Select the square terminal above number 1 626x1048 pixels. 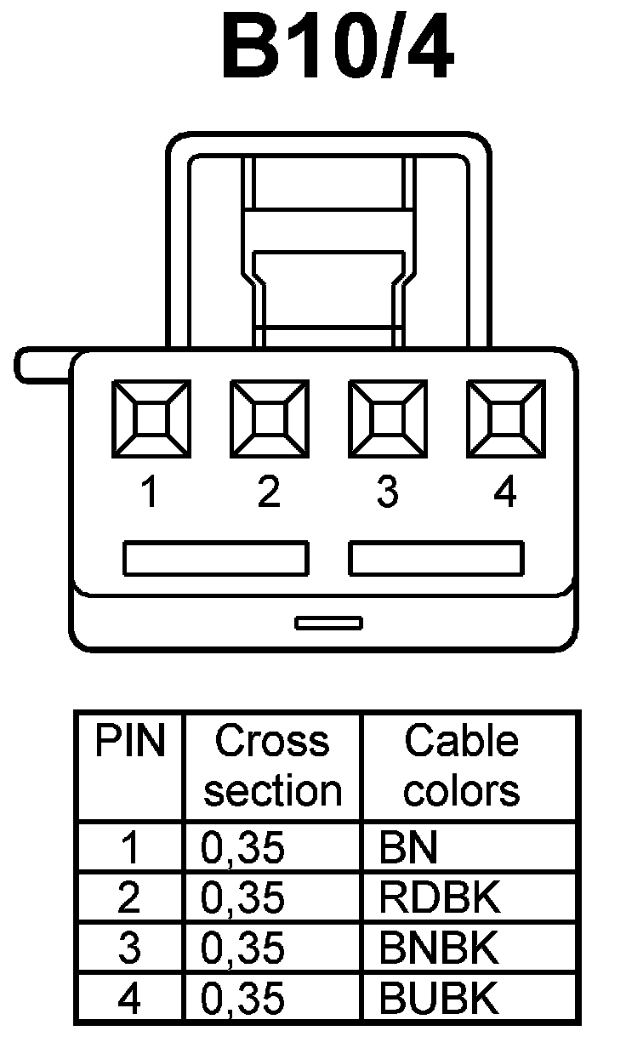tap(151, 418)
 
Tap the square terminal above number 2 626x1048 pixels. tap(269, 418)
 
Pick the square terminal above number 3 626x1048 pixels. tap(387, 418)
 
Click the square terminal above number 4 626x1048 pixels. tap(505, 418)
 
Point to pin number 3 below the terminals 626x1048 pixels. tap(387, 493)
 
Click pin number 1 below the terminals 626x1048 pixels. tap(151, 493)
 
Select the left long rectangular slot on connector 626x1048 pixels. tap(215, 558)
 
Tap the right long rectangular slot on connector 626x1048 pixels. tap(436, 558)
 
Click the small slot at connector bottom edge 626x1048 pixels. tap(328, 624)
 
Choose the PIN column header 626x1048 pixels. tap(128, 742)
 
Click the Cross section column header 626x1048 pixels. tap(272, 766)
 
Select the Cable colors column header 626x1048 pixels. tap(461, 766)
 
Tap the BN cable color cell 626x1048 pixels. tap(409, 848)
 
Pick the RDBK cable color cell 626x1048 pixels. tap(440, 898)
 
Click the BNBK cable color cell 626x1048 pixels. tap(440, 948)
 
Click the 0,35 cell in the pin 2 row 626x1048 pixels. tap(242, 898)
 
